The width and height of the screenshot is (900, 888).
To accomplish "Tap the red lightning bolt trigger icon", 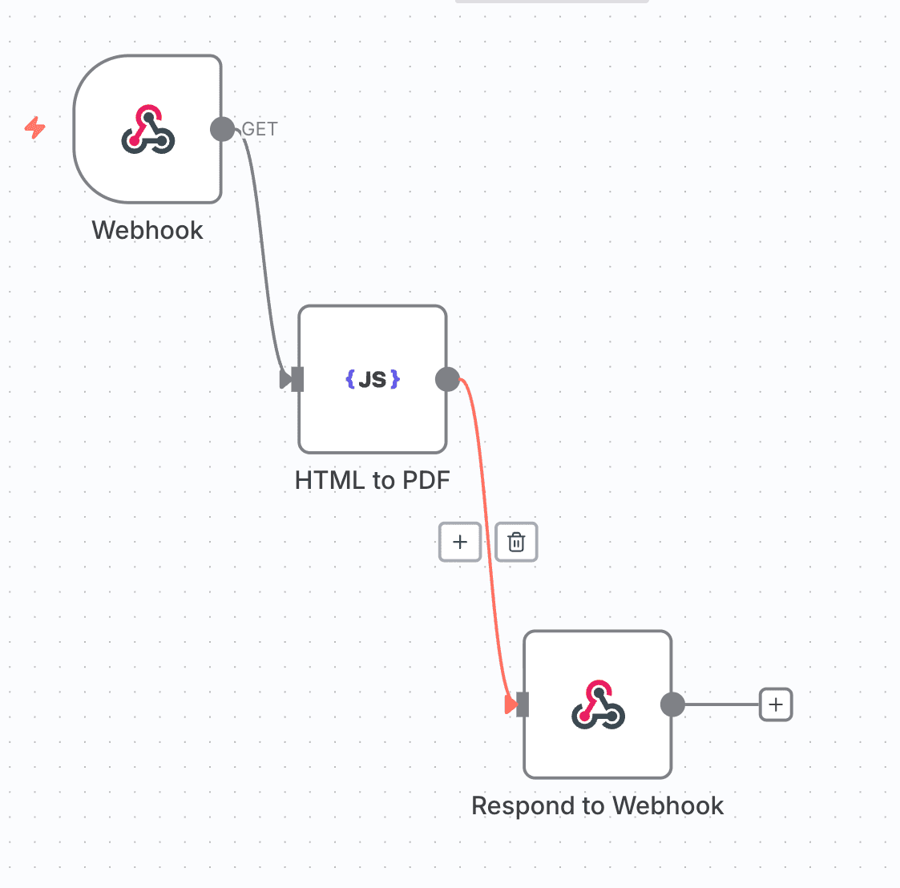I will (34, 127).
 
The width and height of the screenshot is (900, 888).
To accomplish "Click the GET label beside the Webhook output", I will (260, 129).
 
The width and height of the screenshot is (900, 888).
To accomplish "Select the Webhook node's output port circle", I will (222, 129).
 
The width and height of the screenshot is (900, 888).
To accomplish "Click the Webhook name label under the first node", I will (147, 230).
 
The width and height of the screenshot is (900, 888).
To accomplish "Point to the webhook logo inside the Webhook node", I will (148, 130).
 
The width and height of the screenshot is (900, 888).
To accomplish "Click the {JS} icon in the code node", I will (373, 379).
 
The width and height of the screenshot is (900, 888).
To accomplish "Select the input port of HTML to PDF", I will (297, 379).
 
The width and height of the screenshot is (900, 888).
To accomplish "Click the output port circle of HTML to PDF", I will (447, 379).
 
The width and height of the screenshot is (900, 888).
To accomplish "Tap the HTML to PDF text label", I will (373, 480).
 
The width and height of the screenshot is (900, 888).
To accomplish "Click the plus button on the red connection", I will (460, 543).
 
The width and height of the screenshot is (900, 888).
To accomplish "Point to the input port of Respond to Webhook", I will (522, 704).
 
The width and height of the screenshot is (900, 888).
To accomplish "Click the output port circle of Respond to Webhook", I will (672, 704).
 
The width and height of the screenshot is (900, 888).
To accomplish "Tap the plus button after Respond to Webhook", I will (775, 704).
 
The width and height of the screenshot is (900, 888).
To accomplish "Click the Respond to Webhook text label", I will (597, 805).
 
